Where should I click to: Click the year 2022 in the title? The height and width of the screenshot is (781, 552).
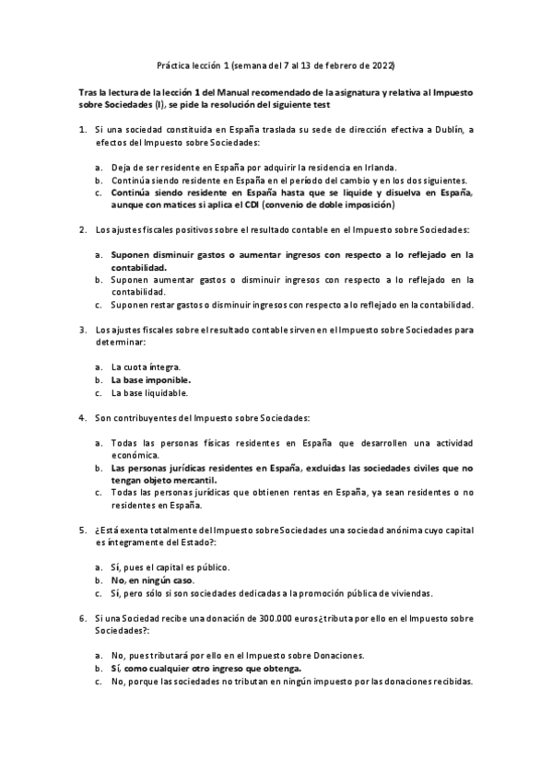(x=382, y=65)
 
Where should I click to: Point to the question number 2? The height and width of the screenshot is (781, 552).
(x=83, y=228)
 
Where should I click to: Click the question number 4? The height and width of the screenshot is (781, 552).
(x=83, y=417)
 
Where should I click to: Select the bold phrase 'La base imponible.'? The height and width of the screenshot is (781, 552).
(x=150, y=379)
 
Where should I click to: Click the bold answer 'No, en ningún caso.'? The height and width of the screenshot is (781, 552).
(x=152, y=580)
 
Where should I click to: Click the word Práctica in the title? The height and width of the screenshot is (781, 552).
(x=170, y=65)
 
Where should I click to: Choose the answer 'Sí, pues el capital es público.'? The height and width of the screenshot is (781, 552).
(x=170, y=567)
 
